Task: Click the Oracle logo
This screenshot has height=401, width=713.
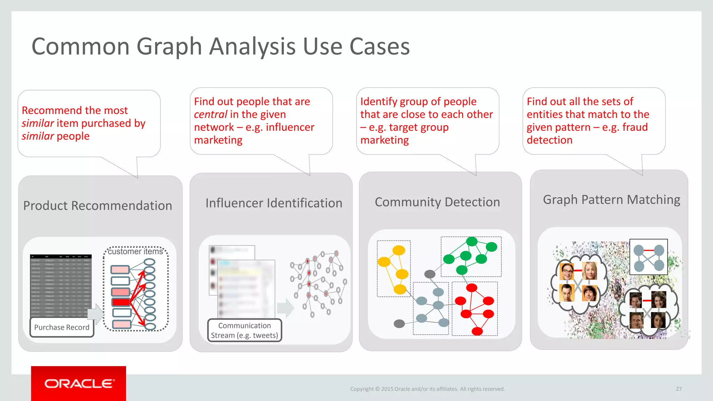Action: [x=79, y=383]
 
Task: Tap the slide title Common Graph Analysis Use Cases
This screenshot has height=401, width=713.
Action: [x=220, y=46]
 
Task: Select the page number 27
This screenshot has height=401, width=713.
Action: [x=679, y=389]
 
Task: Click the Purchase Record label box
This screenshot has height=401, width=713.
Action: [x=62, y=327]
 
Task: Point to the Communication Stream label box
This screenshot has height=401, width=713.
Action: [x=244, y=330]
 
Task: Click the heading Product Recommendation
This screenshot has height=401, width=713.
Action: [x=97, y=205]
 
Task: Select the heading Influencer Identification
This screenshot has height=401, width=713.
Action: [x=274, y=203]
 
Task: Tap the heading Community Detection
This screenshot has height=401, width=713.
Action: [x=437, y=202]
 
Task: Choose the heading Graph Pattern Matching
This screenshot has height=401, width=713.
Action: [x=611, y=199]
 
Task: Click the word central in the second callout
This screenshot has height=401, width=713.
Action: [x=211, y=114]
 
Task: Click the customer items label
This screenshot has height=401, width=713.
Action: [x=135, y=251]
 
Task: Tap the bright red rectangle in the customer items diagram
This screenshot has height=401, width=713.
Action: [x=121, y=302]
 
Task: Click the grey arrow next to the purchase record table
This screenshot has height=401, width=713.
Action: [x=96, y=314]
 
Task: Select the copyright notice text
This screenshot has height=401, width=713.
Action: [x=427, y=389]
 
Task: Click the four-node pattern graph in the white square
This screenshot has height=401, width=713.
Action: [x=649, y=257]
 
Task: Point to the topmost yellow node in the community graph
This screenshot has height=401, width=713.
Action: [x=399, y=250]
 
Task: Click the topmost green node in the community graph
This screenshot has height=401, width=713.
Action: [x=472, y=241]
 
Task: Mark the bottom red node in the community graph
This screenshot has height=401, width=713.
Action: [x=477, y=331]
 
